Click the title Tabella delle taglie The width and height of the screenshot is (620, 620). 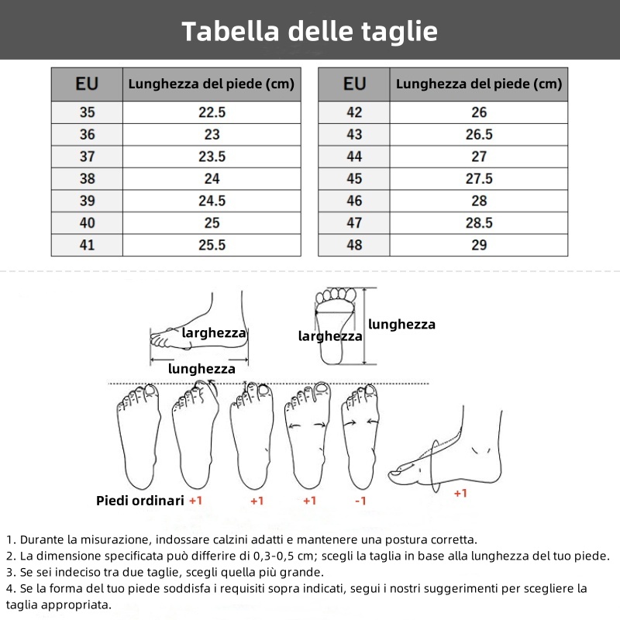point(310,31)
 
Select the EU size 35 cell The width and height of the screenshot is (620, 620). point(87,112)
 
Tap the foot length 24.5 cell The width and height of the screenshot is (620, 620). point(212,201)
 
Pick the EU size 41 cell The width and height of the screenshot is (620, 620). point(87,245)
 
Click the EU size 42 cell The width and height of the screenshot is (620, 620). point(354,112)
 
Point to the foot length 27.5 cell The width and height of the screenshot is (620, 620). point(479,179)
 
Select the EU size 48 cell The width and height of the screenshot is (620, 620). point(354,245)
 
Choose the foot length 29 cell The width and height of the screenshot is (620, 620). point(479,245)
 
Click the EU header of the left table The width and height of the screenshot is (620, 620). point(87,84)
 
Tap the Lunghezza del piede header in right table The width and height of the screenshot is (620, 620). point(479,84)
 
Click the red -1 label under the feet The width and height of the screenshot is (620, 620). point(360,501)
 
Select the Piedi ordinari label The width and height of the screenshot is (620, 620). point(140,501)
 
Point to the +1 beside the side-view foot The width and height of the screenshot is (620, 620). point(460,493)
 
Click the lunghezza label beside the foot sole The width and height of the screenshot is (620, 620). point(401,325)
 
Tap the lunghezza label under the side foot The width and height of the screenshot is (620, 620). point(201,370)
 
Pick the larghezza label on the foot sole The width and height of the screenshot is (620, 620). point(330,336)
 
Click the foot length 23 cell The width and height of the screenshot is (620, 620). point(212,134)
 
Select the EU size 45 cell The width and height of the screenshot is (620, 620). point(354,179)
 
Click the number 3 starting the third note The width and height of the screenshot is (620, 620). point(9,573)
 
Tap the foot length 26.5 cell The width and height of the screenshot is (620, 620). point(479,134)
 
